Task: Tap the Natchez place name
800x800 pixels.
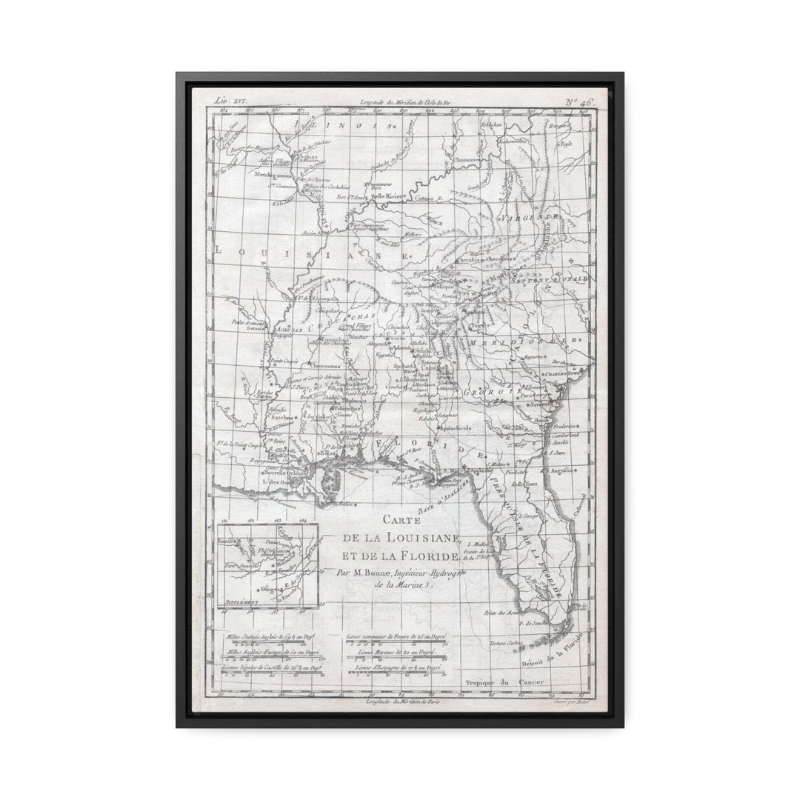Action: point(281,417)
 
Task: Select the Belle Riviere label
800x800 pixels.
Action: point(388,196)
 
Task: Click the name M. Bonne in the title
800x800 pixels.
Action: point(367,571)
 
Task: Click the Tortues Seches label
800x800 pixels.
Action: point(505,643)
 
